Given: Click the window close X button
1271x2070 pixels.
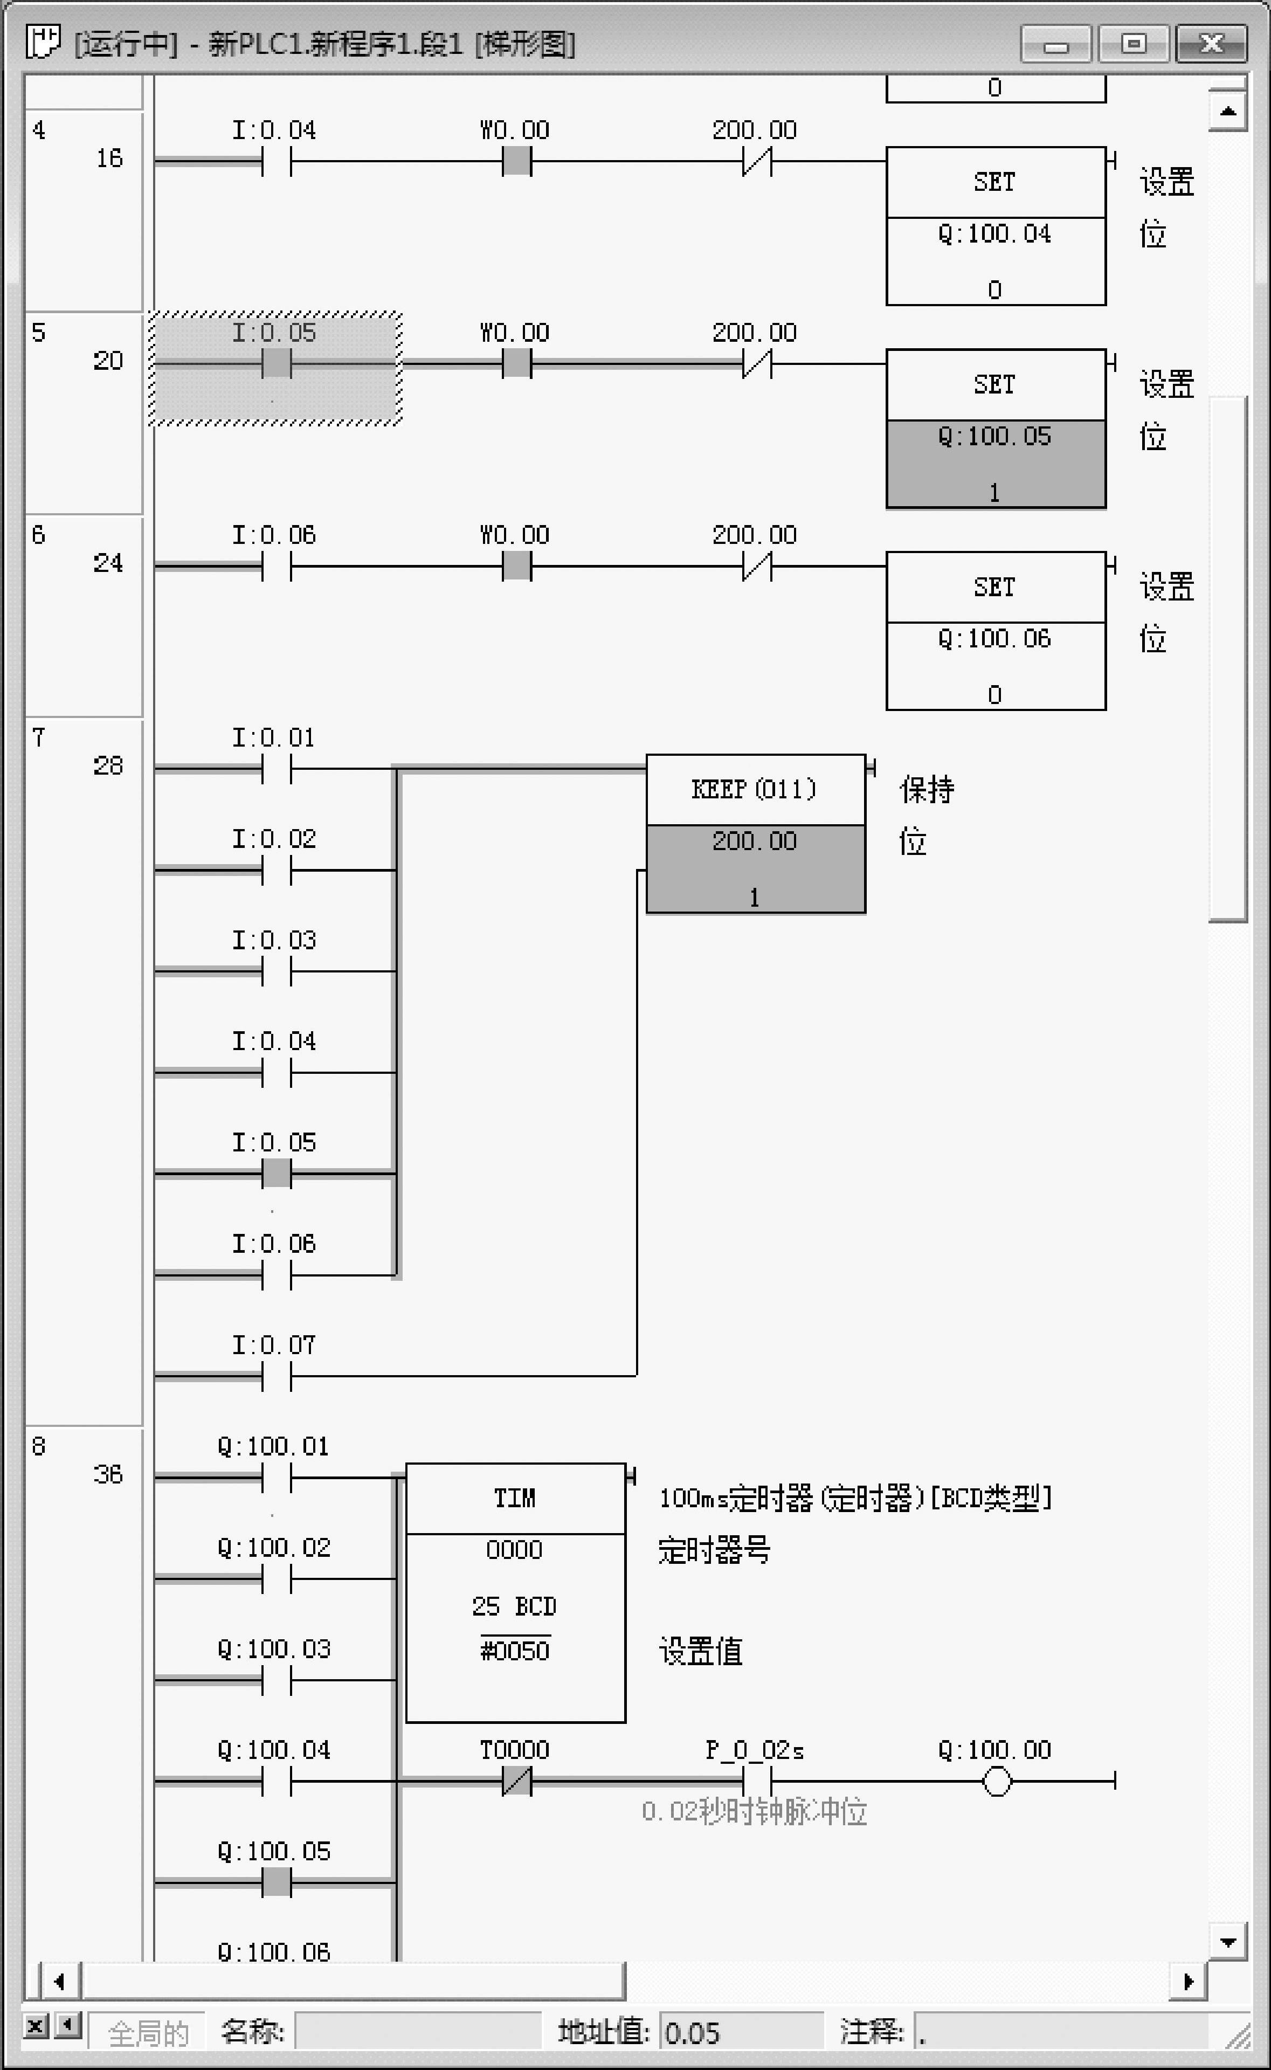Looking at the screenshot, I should (1211, 43).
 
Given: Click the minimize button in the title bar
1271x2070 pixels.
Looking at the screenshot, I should (1056, 44).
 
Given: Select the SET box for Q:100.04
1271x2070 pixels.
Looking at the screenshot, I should (995, 182).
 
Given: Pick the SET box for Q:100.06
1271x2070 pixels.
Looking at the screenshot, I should (995, 588).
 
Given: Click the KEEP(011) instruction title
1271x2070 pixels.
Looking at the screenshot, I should (754, 789).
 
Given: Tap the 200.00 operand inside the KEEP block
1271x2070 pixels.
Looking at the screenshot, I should (754, 842).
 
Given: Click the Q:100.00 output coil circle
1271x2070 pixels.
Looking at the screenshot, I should (996, 1781).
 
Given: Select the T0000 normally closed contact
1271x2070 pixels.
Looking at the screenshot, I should (516, 1781).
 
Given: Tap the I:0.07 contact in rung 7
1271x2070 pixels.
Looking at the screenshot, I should (277, 1376).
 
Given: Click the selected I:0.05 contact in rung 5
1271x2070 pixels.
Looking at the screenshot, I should (277, 364).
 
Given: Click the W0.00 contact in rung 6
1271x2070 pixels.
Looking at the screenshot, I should (516, 567).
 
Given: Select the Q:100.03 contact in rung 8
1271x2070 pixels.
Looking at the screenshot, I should (277, 1680).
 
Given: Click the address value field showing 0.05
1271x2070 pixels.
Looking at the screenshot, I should (740, 2033).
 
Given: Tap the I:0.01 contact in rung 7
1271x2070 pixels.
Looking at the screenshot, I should (277, 768).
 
